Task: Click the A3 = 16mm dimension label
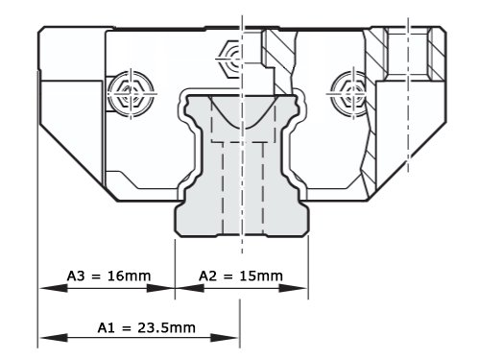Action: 108,276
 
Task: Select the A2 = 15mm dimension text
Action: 241,276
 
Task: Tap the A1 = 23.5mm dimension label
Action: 147,327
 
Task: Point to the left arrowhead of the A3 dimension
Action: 54,288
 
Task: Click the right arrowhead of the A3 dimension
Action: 160,288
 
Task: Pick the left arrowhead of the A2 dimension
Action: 190,288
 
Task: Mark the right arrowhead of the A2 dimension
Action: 293,288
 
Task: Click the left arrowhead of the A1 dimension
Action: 54,338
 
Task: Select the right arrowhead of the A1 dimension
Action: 225,338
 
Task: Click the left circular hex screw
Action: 131,94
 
